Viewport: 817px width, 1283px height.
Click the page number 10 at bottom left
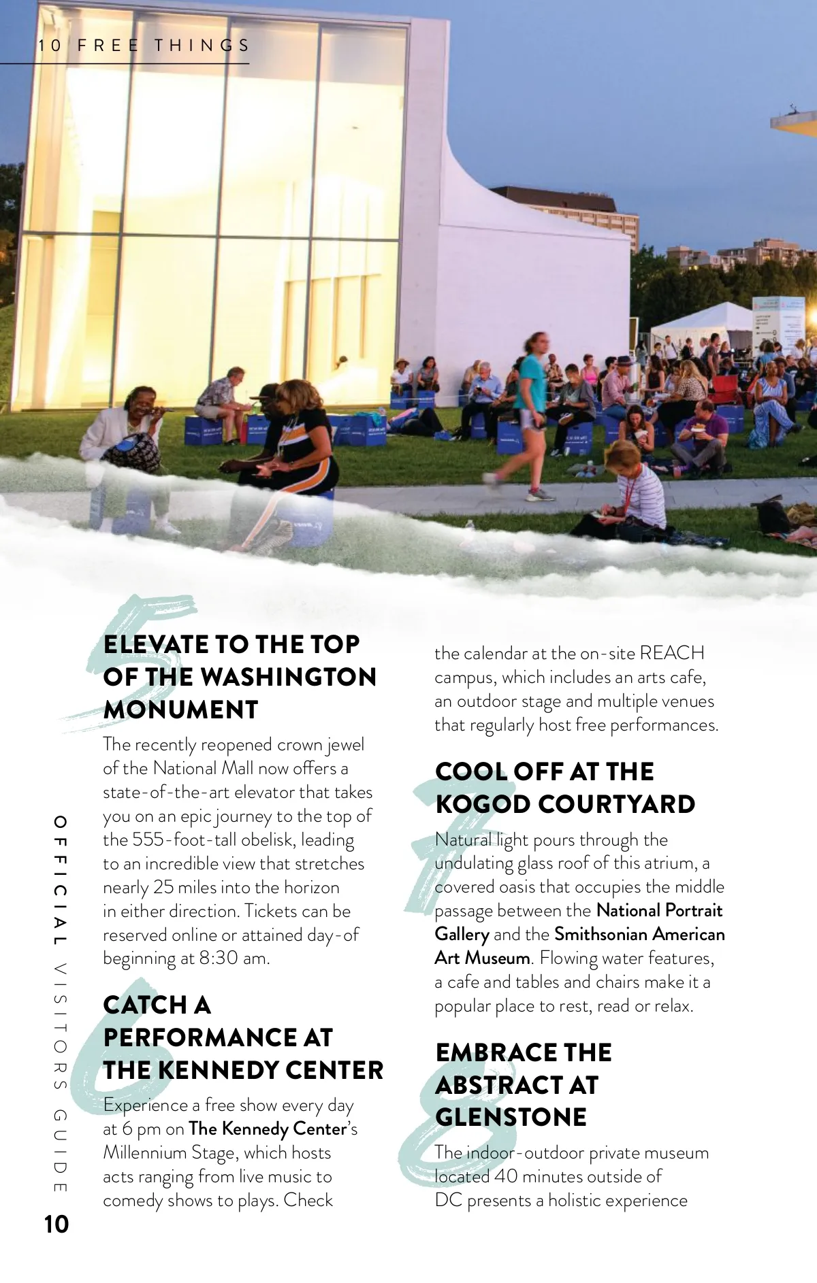57,1224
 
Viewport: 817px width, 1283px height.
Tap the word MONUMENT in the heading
180,710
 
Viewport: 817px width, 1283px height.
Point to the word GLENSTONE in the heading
511,1117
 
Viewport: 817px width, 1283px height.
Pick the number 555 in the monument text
150,839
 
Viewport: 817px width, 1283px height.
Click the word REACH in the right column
672,653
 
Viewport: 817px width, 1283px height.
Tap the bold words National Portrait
659,910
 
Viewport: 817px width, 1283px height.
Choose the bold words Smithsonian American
639,934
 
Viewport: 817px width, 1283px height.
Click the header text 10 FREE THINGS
144,46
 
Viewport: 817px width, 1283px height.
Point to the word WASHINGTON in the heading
289,677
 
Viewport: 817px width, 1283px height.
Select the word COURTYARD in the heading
616,804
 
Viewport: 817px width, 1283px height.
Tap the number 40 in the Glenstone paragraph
506,1176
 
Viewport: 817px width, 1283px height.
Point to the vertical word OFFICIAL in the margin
61,881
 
